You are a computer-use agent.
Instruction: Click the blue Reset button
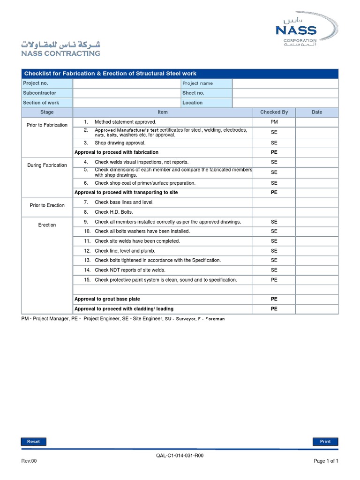pyautogui.click(x=33, y=441)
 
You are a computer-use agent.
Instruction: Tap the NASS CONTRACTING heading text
pyautogui.click(x=60, y=53)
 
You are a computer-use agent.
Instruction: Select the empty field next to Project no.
pyautogui.click(x=127, y=83)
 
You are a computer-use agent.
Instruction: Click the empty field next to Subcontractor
pyautogui.click(x=127, y=93)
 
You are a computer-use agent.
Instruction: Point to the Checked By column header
pyautogui.click(x=274, y=112)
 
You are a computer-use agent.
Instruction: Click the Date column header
pyautogui.click(x=317, y=112)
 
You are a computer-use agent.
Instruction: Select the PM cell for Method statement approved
pyautogui.click(x=274, y=122)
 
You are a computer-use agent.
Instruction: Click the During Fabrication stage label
pyautogui.click(x=47, y=165)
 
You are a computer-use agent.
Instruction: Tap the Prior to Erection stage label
pyautogui.click(x=47, y=205)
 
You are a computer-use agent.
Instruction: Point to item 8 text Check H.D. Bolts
pyautogui.click(x=114, y=212)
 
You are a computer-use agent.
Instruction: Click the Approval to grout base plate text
pyautogui.click(x=107, y=299)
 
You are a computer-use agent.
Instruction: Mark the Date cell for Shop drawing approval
pyautogui.click(x=317, y=142)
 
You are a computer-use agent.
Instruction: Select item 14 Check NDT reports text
pyautogui.click(x=130, y=270)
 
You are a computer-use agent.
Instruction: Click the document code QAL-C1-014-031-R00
pyautogui.click(x=180, y=455)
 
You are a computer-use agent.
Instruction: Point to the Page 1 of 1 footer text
pyautogui.click(x=326, y=461)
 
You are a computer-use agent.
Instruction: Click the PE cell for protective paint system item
pyautogui.click(x=274, y=280)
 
